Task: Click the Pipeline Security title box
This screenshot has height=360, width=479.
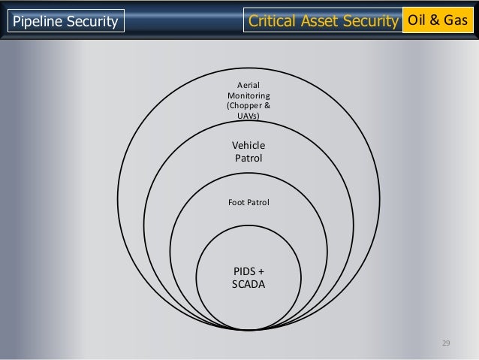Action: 64,23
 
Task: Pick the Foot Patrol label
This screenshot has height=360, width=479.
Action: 248,203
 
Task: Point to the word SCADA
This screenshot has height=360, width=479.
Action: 249,285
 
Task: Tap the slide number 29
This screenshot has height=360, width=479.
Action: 445,343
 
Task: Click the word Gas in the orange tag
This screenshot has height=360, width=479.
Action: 456,20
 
